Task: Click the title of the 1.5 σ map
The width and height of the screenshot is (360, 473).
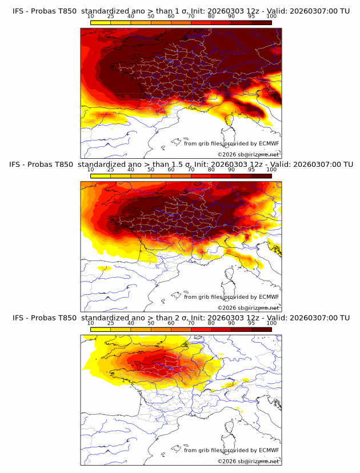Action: tap(181, 164)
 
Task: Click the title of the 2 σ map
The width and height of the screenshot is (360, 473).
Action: tap(181, 318)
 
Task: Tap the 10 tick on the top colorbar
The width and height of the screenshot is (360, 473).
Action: tap(91, 16)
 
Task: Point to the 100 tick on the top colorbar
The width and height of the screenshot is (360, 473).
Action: tap(271, 16)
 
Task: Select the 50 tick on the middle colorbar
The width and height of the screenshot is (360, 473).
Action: tap(151, 170)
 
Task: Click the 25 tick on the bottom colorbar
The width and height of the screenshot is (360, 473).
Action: tap(111, 323)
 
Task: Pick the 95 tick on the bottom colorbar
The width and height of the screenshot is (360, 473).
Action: tap(251, 323)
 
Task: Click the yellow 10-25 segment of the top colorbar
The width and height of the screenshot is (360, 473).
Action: tap(101, 22)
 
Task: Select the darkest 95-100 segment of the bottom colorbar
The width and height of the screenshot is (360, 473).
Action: tap(261, 330)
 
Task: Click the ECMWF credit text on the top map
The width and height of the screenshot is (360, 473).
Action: tap(231, 143)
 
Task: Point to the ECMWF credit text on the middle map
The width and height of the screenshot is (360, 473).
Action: tap(231, 296)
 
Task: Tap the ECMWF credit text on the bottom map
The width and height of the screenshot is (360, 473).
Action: tap(231, 450)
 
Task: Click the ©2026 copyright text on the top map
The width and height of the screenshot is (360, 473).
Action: tap(248, 154)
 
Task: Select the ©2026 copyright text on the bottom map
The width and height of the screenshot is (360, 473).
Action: tap(248, 461)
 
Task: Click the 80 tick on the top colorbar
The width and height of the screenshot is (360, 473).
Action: tap(211, 16)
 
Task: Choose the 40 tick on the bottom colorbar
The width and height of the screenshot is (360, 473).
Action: tap(131, 323)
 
